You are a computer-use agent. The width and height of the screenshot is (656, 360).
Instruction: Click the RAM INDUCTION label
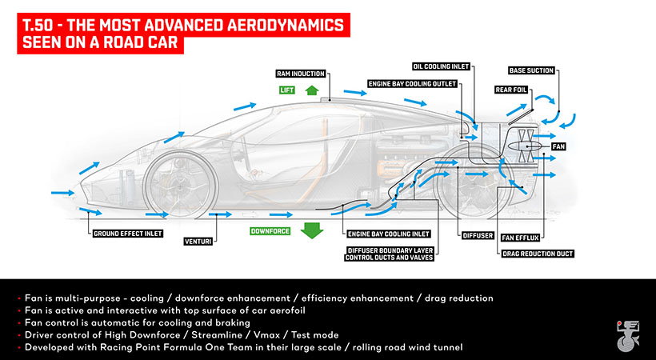[301, 74]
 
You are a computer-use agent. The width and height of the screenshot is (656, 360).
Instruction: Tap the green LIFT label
[287, 90]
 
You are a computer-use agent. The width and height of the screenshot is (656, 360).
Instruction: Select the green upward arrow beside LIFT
[312, 90]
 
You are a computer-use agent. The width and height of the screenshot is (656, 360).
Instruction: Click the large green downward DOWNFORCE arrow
[312, 230]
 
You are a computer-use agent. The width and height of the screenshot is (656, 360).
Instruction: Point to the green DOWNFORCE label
[270, 231]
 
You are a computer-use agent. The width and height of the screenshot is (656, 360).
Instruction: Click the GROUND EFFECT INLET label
[128, 234]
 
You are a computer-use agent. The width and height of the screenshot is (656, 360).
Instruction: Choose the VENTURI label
[198, 242]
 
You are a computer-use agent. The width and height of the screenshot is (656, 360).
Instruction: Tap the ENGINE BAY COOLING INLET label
[389, 234]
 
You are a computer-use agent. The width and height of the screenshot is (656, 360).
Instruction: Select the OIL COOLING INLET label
[441, 66]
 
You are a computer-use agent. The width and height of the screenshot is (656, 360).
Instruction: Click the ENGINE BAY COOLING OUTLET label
[412, 84]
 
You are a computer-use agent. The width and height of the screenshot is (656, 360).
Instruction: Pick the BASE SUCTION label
[531, 70]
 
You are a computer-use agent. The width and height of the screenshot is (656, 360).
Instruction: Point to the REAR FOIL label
[511, 90]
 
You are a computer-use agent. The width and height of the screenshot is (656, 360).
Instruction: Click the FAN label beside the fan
[558, 146]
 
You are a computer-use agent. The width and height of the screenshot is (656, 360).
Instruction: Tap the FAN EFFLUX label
[521, 238]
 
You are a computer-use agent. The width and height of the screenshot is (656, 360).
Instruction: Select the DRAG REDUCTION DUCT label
[538, 254]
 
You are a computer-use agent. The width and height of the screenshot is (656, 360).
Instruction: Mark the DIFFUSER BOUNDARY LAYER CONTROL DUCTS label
[389, 254]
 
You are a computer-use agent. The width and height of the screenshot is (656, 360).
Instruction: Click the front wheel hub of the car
[180, 186]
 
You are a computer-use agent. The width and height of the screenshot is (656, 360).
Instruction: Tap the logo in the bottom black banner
[628, 336]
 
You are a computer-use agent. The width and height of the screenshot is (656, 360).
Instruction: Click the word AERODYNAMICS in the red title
[286, 26]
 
